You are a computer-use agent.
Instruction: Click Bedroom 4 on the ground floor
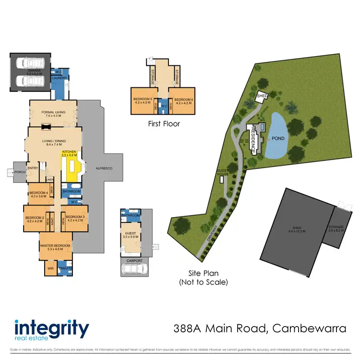(x=38, y=194)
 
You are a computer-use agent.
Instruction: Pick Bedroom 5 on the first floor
(x=143, y=100)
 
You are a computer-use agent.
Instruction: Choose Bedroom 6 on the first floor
(x=183, y=100)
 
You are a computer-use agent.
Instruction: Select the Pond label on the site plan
(x=278, y=139)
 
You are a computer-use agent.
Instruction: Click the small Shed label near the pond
(x=262, y=95)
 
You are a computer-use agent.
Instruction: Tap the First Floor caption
(x=164, y=124)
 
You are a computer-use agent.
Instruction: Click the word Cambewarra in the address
(x=309, y=328)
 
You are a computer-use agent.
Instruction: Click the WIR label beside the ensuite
(x=50, y=268)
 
